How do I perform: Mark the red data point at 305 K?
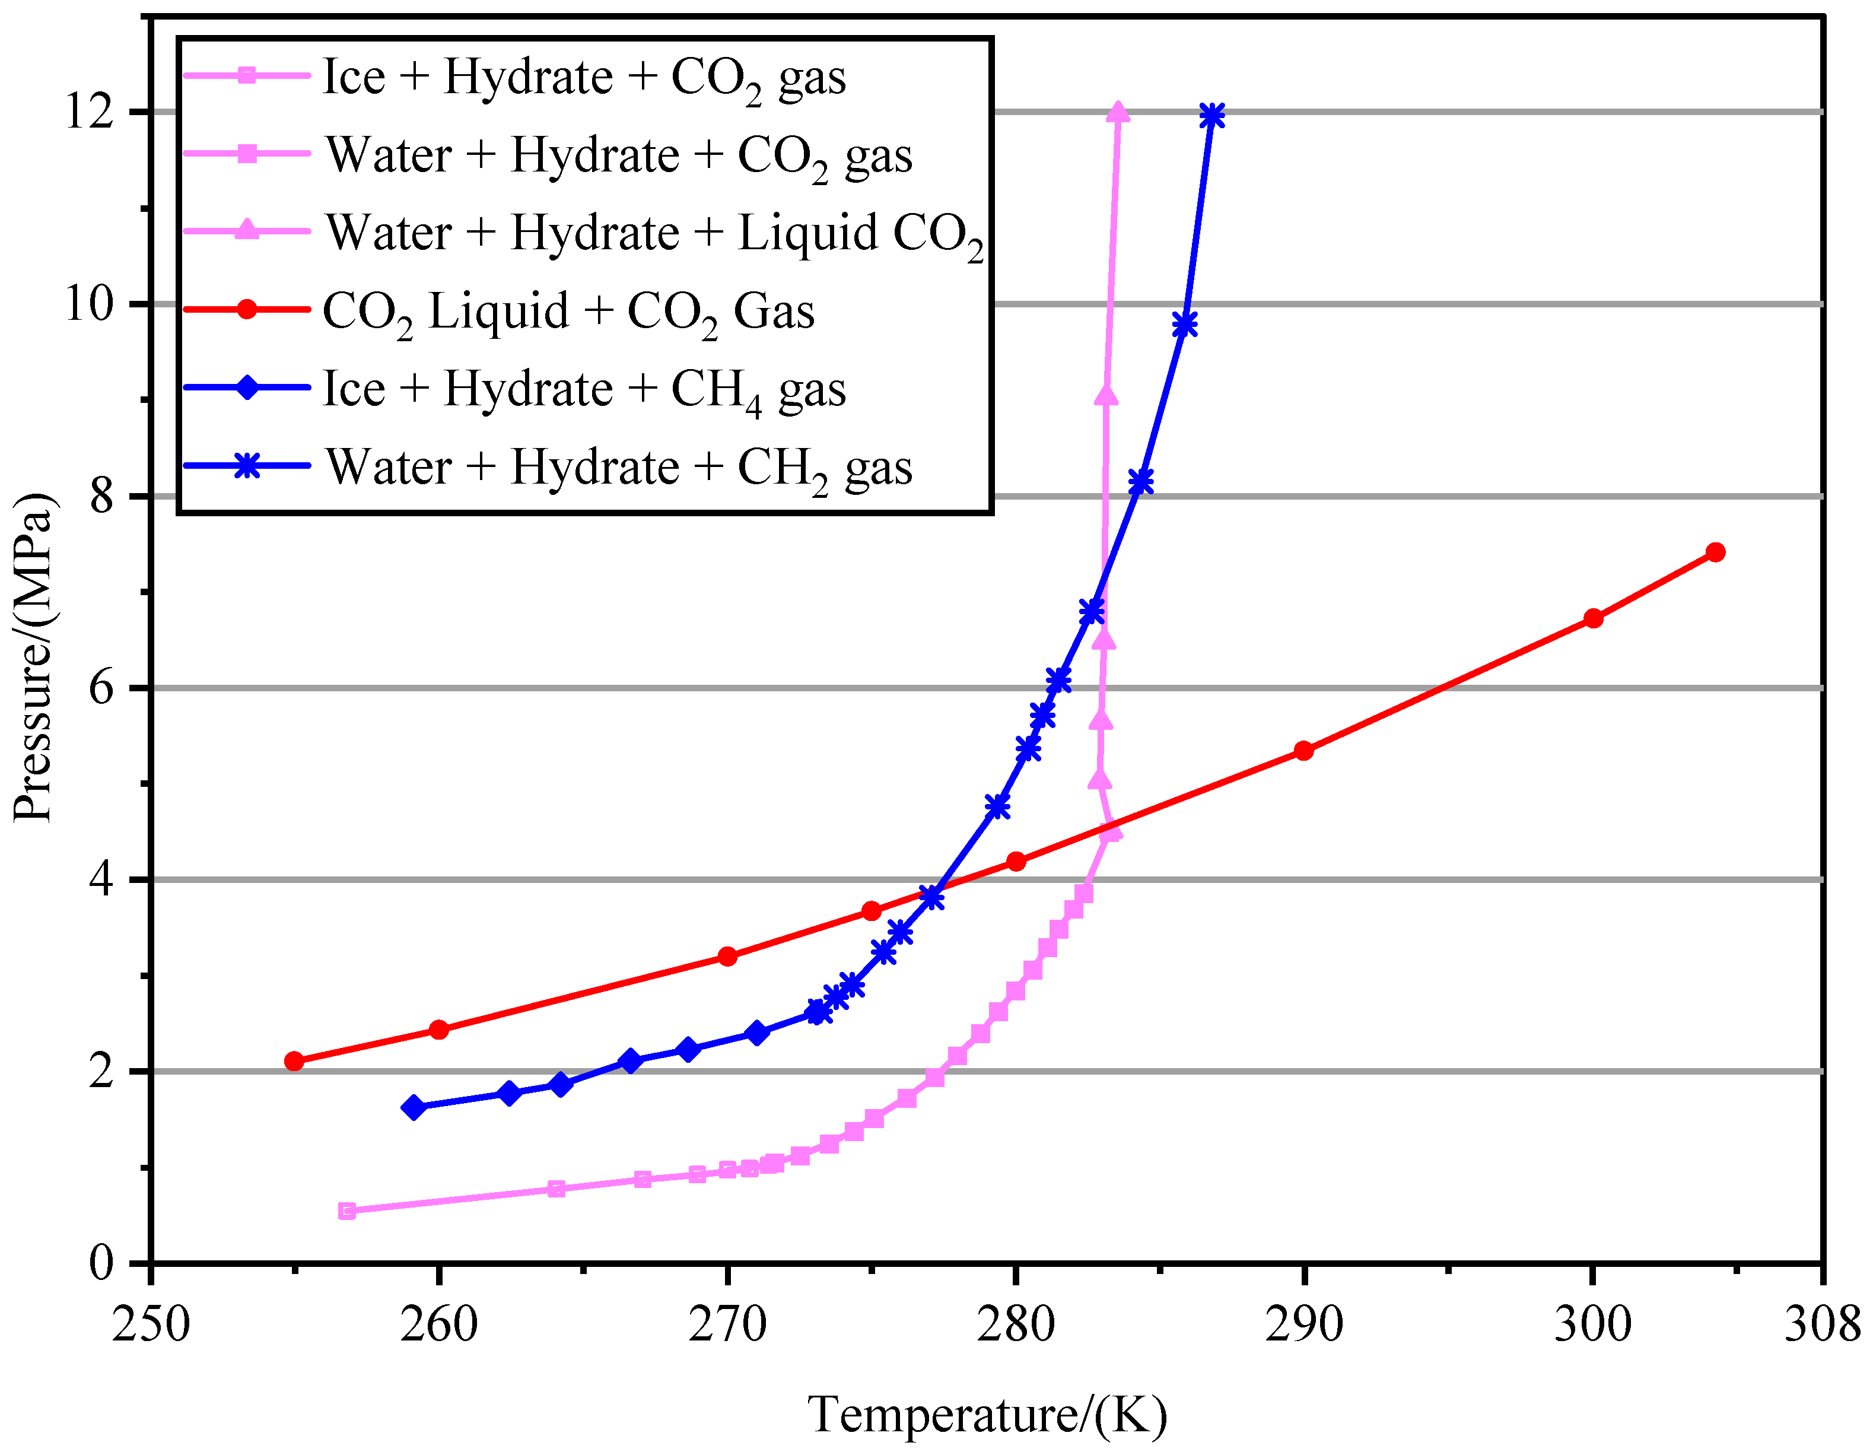click(1715, 552)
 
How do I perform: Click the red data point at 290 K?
click(1303, 751)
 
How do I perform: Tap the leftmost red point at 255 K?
click(294, 1061)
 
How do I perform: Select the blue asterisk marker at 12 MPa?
click(1213, 116)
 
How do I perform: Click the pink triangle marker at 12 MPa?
click(1118, 112)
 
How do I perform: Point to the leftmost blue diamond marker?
click(414, 1107)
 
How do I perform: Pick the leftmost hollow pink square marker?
click(347, 1211)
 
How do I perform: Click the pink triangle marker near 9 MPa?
click(1106, 395)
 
